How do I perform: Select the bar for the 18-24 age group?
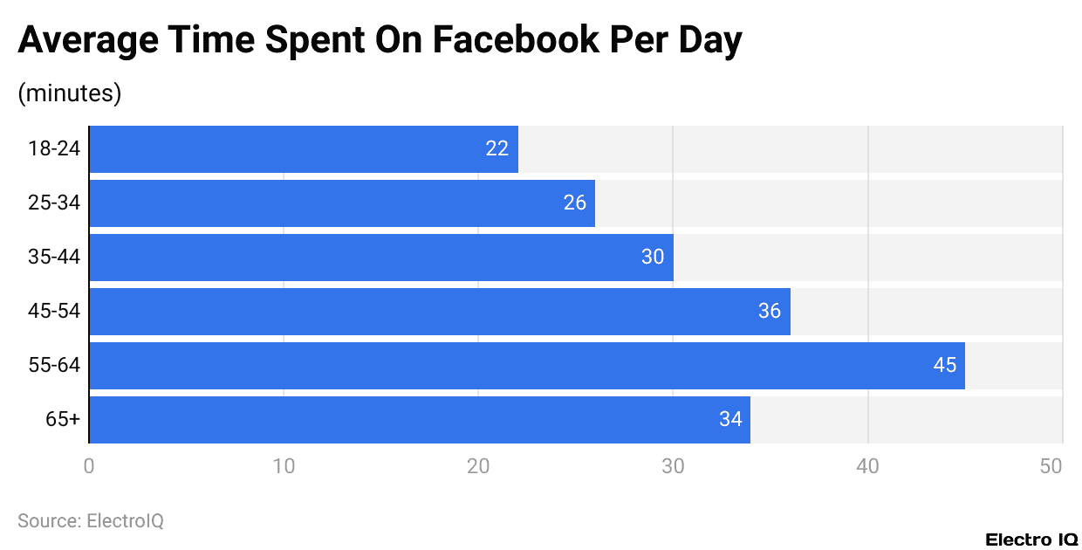click(304, 149)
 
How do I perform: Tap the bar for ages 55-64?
click(527, 366)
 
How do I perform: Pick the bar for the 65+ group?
click(420, 420)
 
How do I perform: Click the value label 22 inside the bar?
click(496, 149)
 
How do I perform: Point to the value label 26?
click(574, 203)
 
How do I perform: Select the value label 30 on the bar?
click(653, 258)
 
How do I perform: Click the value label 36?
click(769, 312)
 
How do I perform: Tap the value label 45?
click(944, 366)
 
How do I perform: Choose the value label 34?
click(730, 420)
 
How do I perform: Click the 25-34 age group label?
click(54, 203)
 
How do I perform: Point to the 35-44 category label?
click(54, 258)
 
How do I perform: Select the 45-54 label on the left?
click(54, 312)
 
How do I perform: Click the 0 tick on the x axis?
click(89, 466)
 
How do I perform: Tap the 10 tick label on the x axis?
click(284, 466)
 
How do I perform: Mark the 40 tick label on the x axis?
click(867, 466)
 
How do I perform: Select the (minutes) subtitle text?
click(70, 93)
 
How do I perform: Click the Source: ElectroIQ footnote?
click(91, 521)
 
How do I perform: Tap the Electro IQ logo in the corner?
click(1031, 540)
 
